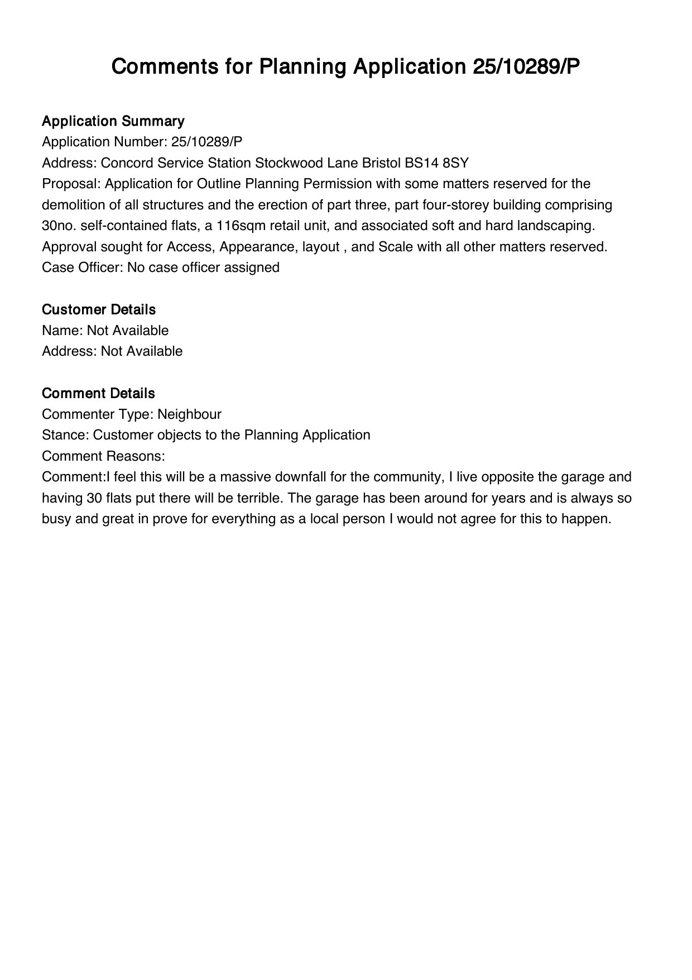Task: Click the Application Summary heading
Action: [x=113, y=121]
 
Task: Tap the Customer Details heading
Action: [x=99, y=309]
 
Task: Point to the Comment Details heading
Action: [x=98, y=393]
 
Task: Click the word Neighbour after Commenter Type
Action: [x=189, y=414]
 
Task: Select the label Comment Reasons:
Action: [x=103, y=456]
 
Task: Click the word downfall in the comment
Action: [x=305, y=477]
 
